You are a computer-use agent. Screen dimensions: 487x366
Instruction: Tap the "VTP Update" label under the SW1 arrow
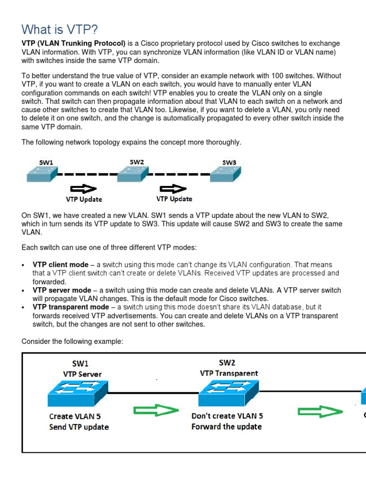[84, 199]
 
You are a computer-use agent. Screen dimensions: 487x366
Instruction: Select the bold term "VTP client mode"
[61, 264]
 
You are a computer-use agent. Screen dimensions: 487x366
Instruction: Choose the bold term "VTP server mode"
[61, 290]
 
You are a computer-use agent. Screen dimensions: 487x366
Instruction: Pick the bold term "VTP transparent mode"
[71, 307]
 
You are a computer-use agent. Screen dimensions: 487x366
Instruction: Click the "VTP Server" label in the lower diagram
[82, 374]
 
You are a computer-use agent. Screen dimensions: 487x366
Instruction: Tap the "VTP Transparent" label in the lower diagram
[229, 373]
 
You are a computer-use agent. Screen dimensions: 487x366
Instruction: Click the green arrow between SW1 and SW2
[155, 410]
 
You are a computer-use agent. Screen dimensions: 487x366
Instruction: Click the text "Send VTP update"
[79, 427]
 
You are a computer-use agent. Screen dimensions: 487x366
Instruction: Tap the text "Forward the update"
[226, 427]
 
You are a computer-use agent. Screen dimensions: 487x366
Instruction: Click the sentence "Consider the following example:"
[72, 341]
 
